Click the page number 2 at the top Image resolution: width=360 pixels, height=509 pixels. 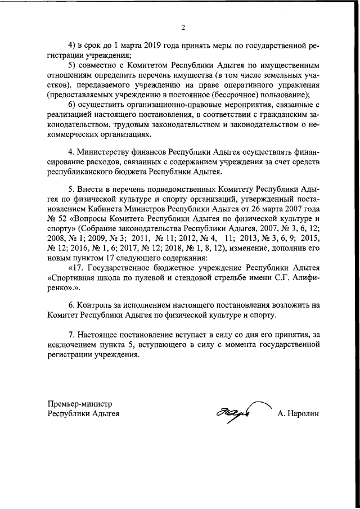(x=183, y=28)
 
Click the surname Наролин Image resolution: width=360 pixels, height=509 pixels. (x=298, y=414)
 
